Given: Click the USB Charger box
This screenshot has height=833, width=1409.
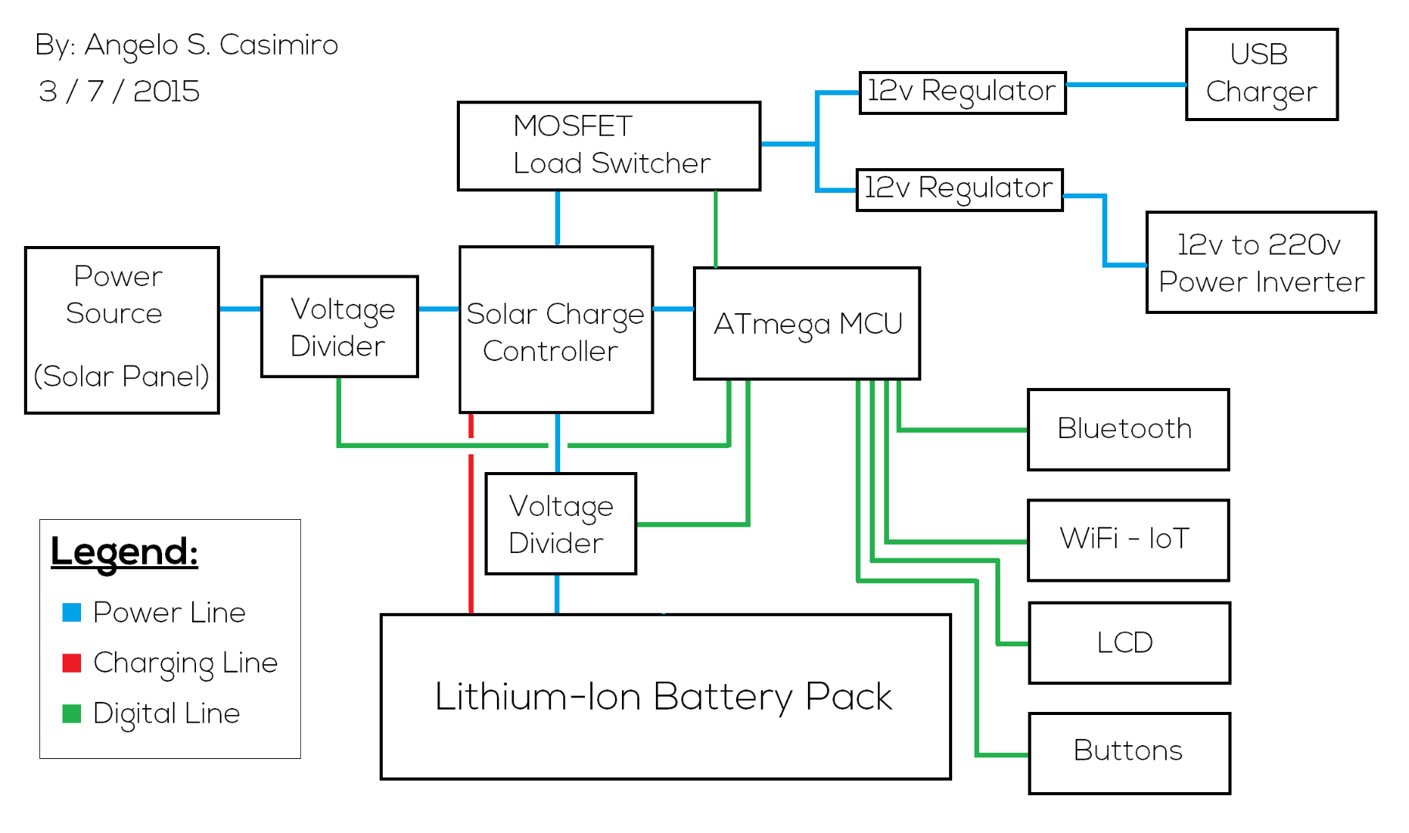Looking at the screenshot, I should tap(1261, 74).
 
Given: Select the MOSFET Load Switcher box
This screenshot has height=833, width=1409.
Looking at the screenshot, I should tap(608, 146).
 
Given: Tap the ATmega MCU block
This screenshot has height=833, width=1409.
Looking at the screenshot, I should tap(806, 323).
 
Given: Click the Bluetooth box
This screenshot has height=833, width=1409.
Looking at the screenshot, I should tap(1127, 429).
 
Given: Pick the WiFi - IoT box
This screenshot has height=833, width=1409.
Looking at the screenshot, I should tap(1127, 539).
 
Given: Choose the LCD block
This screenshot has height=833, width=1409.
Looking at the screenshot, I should tap(1128, 642).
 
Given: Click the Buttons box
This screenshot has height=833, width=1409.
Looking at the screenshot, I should tap(1129, 753).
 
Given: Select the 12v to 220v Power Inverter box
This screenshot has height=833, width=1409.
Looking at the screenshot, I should tap(1260, 262).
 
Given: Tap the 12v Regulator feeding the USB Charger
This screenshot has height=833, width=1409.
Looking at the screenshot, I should tap(962, 93).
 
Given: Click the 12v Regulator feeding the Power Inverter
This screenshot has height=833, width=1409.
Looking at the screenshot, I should tap(959, 190).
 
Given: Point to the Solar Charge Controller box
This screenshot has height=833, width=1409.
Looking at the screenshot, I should tap(556, 330).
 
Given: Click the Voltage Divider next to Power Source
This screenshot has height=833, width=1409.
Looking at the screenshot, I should tap(340, 326).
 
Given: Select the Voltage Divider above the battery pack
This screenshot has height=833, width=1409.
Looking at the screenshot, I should tap(560, 524).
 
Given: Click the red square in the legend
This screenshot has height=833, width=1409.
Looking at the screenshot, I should tap(72, 663).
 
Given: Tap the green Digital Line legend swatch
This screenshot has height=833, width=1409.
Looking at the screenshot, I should tap(72, 713).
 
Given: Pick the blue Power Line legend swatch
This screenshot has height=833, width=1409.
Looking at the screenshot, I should tap(72, 612).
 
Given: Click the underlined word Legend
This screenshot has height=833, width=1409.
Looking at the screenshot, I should tap(124, 551).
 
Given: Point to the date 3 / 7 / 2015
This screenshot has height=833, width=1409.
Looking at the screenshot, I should tap(119, 91).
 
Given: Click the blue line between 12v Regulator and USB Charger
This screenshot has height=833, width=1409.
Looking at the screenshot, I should tap(1126, 85).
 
